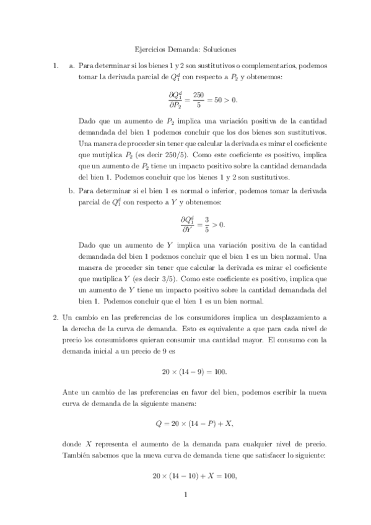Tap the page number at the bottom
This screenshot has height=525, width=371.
tap(185, 494)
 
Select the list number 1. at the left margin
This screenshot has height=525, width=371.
tap(56, 64)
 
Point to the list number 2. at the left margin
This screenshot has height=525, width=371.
tap(56, 317)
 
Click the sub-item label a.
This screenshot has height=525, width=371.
tap(72, 64)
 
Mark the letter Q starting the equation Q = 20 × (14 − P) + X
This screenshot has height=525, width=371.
tap(157, 424)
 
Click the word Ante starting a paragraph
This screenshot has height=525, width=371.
tap(70, 392)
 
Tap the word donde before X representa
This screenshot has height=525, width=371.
tap(72, 444)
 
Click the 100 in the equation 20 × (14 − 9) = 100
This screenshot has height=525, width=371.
tap(219, 371)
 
